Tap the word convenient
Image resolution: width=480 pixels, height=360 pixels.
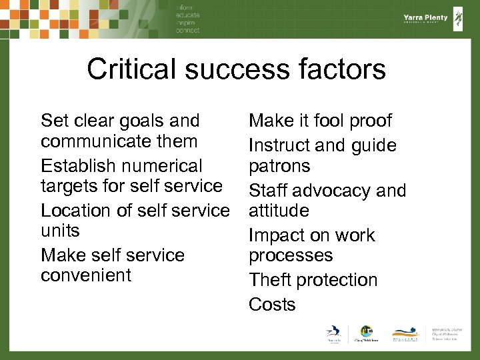[86, 275]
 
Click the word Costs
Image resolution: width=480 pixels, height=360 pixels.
[272, 305]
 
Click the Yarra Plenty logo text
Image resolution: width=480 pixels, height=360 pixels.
[425, 19]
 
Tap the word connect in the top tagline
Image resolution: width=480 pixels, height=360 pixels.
[188, 31]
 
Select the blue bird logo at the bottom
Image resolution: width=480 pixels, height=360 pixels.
[333, 332]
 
